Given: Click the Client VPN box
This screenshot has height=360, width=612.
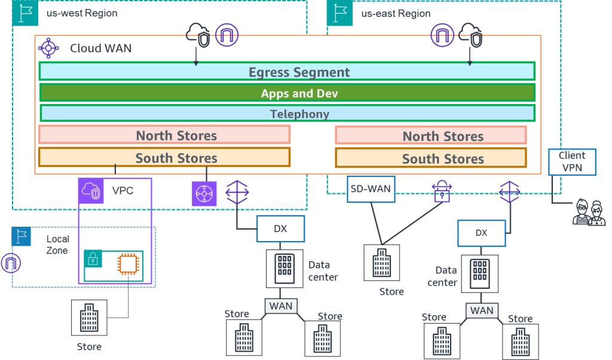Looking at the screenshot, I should (572, 161).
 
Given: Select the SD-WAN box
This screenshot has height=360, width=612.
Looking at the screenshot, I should (370, 189).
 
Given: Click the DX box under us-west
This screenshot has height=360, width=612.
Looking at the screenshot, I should (281, 229).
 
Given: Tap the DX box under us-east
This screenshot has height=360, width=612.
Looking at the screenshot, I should (481, 233).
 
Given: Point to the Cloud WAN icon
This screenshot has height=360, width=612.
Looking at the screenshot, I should (49, 47).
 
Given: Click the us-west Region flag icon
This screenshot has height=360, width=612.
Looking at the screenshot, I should (24, 13).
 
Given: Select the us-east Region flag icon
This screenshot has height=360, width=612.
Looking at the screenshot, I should (339, 13).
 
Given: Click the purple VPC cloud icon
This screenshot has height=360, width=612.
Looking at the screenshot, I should (91, 191).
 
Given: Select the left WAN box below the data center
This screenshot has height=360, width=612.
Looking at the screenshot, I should (280, 306).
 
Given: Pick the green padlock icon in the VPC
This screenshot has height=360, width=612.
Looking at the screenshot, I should (93, 259).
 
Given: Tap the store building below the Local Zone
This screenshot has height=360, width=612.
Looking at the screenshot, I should (89, 318).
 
